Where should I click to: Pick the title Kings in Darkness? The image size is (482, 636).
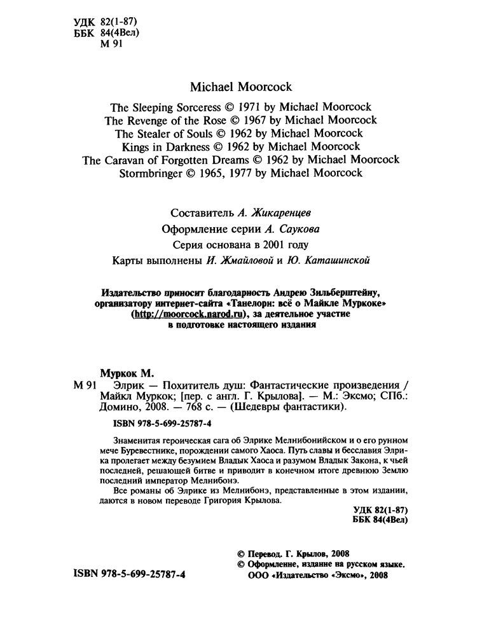[x=170, y=147]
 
